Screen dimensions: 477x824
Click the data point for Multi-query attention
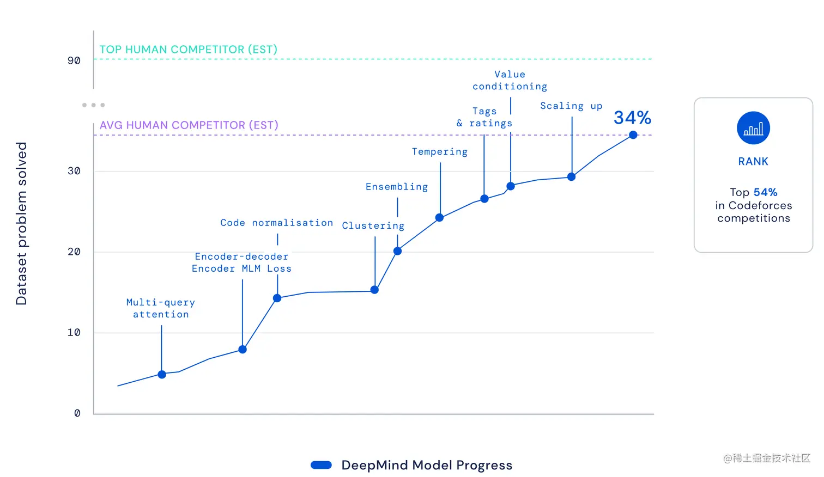(x=162, y=375)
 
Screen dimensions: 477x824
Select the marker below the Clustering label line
(x=374, y=290)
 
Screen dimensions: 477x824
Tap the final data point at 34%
(x=633, y=135)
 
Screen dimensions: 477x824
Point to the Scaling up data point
(x=571, y=177)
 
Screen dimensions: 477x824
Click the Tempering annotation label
(x=440, y=152)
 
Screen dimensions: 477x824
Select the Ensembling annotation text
(x=397, y=187)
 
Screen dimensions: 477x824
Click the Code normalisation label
(x=276, y=223)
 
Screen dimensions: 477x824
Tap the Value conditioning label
(x=510, y=81)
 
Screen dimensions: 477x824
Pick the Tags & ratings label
(x=484, y=118)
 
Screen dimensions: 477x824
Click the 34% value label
(x=632, y=118)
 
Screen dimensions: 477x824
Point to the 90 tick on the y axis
(x=74, y=60)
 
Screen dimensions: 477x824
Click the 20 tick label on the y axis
(x=74, y=252)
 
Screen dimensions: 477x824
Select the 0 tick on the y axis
(x=77, y=413)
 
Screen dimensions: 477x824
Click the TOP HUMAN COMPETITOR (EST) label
(x=189, y=50)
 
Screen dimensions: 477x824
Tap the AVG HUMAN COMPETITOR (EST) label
(x=189, y=125)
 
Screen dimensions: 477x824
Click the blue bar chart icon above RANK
(x=753, y=128)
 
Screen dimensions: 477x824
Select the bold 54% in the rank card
(x=765, y=192)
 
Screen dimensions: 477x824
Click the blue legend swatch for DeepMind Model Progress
(x=321, y=465)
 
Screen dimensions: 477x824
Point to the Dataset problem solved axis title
(x=21, y=223)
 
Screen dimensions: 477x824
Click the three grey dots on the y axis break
(x=93, y=105)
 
